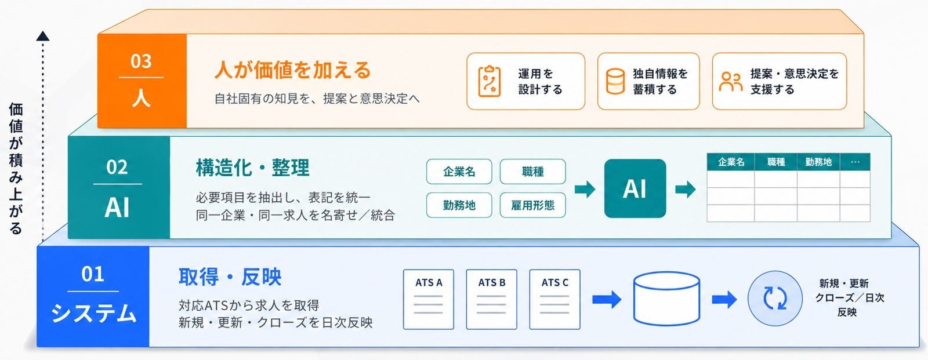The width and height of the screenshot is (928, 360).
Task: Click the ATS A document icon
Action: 429,300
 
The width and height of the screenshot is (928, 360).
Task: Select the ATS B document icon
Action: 491,300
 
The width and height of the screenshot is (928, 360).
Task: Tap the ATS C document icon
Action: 554,300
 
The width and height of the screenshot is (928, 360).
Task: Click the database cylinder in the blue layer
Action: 666,299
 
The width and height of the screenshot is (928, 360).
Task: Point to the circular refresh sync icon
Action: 775,299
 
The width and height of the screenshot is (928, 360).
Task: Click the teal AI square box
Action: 635,188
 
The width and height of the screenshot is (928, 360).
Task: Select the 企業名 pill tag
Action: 459,172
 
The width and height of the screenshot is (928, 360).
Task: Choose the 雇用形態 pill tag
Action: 533,205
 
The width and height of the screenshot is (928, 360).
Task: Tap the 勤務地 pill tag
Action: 459,205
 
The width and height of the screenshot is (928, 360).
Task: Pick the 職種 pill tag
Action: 533,172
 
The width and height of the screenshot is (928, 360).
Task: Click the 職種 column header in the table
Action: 776,162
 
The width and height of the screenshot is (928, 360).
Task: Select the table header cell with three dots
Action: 855,162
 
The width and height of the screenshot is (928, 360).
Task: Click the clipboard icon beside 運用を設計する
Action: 490,81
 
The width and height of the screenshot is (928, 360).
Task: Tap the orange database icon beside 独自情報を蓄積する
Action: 615,81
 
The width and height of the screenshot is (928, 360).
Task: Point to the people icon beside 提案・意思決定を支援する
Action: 731,81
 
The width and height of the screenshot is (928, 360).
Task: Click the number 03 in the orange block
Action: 141,61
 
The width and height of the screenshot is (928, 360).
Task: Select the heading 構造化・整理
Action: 253,168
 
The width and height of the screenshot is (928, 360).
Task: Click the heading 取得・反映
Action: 230,277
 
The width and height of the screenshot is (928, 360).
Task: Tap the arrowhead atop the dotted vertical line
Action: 43,36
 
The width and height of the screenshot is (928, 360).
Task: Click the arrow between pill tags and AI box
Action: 585,190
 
